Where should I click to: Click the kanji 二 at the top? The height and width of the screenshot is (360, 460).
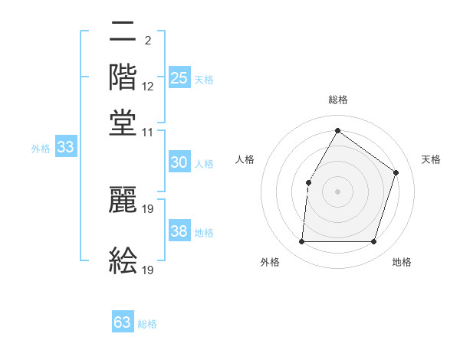[123, 33]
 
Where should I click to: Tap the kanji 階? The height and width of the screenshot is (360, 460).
[123, 77]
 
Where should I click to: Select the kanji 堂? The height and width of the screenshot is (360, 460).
[123, 123]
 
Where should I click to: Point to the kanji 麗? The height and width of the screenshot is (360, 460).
[123, 200]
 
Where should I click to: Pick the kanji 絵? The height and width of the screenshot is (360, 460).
[123, 260]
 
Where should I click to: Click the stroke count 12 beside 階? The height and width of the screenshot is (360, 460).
[148, 87]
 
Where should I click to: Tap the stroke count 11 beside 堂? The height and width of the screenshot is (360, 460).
[148, 133]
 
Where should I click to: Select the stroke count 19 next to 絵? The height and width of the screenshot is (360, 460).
[148, 270]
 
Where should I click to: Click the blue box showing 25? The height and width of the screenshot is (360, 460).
[179, 78]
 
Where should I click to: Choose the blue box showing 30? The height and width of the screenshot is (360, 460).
[179, 162]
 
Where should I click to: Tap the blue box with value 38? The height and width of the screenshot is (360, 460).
[179, 231]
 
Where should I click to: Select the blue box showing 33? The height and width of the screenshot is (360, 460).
[65, 148]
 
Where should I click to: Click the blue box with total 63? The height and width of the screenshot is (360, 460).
[123, 322]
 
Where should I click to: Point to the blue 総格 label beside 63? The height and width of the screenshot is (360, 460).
[147, 324]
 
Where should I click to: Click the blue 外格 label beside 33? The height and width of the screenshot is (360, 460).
[41, 149]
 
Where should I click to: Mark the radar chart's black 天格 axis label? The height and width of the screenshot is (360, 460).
[432, 159]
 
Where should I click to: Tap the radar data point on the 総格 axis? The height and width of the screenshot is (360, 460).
[337, 131]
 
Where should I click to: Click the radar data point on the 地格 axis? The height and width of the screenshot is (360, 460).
[373, 241]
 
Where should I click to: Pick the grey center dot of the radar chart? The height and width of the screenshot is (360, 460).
[337, 191]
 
